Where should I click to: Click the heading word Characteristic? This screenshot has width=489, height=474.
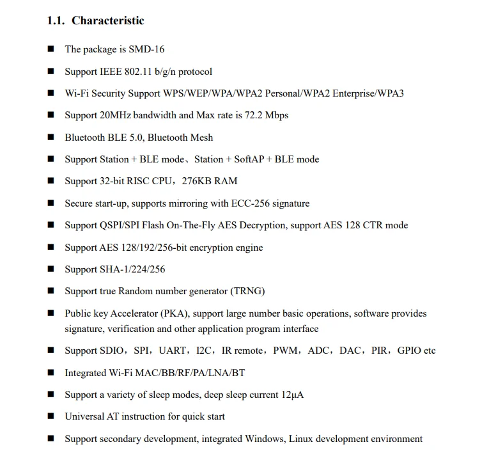(x=107, y=21)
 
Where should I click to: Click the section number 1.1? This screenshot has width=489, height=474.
(x=56, y=21)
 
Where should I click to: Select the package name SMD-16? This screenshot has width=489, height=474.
(x=146, y=49)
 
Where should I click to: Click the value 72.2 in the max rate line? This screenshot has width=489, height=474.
(x=255, y=115)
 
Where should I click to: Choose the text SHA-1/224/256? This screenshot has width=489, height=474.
(x=133, y=269)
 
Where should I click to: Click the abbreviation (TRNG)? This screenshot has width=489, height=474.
(x=247, y=291)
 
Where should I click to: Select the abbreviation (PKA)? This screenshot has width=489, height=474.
(x=174, y=313)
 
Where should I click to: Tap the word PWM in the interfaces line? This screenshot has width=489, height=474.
(x=284, y=351)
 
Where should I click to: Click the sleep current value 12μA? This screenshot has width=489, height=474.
(x=293, y=395)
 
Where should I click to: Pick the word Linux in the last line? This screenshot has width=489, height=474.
(x=302, y=439)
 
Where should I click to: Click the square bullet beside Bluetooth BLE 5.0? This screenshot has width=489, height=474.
(x=51, y=138)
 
